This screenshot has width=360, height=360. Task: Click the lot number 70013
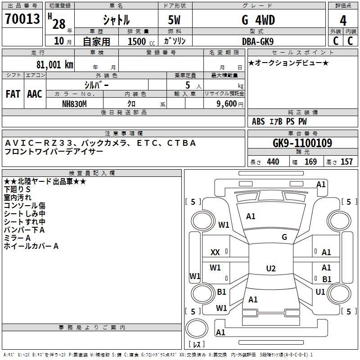[22, 19]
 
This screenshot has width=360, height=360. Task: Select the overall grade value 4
[343, 21]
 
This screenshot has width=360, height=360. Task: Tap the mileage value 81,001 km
[54, 65]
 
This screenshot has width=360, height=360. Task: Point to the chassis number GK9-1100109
[302, 143]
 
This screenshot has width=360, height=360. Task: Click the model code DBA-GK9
[258, 41]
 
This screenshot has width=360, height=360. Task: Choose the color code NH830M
[74, 104]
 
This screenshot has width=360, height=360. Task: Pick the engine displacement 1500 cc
[141, 41]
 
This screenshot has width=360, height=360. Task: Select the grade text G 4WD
[258, 20]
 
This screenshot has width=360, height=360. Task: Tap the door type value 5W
[174, 20]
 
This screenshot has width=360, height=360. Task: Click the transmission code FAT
[13, 94]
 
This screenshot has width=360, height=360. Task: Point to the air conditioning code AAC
[35, 94]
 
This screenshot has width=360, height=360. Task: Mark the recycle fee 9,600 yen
[230, 104]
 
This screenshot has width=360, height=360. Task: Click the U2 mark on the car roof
[271, 268]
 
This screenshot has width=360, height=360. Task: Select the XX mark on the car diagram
[215, 252]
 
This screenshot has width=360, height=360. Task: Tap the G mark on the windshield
[284, 237]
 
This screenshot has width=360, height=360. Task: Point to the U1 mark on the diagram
[320, 292]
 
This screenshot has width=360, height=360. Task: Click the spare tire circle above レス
[197, 328]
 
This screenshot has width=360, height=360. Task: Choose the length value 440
[273, 162]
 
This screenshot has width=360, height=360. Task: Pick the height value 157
[346, 162]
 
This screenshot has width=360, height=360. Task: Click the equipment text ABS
[258, 121]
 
